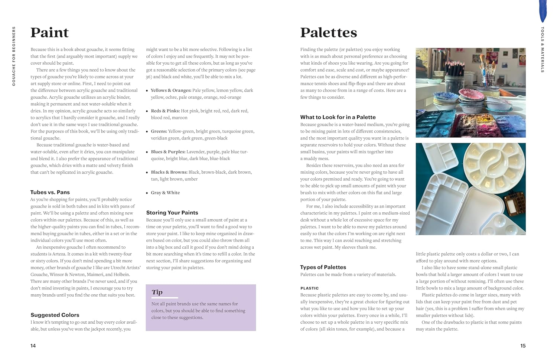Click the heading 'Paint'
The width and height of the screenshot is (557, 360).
click(49, 33)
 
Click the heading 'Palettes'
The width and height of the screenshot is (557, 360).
click(328, 33)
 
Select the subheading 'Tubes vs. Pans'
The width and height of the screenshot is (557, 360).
click(50, 192)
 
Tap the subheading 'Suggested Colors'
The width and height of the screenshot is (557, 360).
click(55, 315)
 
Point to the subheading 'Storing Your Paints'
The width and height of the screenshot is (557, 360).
click(172, 213)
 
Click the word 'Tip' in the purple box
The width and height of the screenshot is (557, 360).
click(157, 292)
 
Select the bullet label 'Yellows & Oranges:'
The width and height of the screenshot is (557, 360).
click(171, 90)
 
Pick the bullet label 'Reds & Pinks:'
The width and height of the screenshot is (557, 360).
click(165, 111)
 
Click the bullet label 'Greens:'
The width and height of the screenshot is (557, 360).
click(159, 131)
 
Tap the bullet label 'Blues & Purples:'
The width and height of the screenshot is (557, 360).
click(168, 152)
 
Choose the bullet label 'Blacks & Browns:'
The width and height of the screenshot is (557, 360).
click(169, 172)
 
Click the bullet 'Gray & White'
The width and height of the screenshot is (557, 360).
click(165, 193)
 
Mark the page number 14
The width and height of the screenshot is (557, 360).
click(33, 346)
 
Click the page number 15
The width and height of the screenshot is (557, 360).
click(523, 346)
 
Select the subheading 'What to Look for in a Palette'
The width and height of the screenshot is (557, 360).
click(338, 117)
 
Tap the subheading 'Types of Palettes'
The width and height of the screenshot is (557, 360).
click(323, 267)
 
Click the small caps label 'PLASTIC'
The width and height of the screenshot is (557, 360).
click(310, 288)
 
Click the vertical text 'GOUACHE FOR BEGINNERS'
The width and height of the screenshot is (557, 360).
click(14, 56)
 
